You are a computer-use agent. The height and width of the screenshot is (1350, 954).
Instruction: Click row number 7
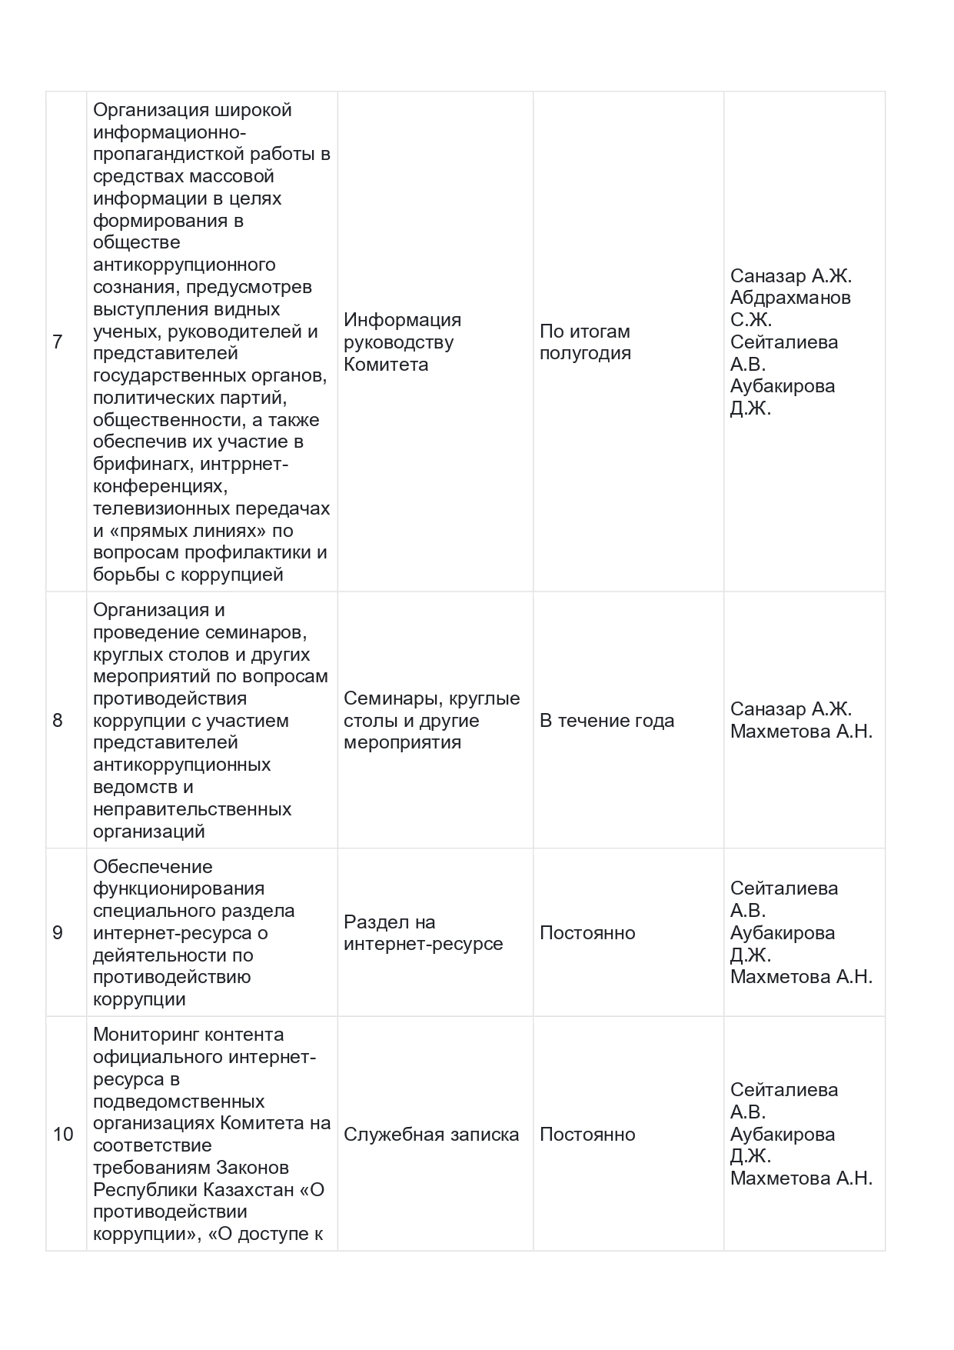click(x=58, y=342)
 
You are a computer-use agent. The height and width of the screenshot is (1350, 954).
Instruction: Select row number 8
click(x=58, y=721)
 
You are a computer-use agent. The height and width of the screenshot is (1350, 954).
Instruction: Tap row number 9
click(x=58, y=933)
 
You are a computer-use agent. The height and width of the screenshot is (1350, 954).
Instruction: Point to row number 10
click(x=63, y=1135)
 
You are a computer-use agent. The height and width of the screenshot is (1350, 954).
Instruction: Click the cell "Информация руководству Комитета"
click(x=402, y=342)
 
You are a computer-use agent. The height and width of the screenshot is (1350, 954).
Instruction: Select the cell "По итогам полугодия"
click(x=585, y=342)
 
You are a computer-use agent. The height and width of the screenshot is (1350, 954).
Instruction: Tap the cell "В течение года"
click(x=607, y=721)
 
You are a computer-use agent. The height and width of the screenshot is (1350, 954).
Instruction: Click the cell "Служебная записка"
click(x=431, y=1135)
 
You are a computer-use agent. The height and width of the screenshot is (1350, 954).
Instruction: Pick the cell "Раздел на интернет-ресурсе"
click(x=423, y=933)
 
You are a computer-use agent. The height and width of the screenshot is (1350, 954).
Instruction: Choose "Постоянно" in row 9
click(x=587, y=933)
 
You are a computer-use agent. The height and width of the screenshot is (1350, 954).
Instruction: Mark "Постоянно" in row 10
click(x=587, y=1135)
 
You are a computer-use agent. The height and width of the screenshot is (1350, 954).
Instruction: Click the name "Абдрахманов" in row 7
click(x=790, y=298)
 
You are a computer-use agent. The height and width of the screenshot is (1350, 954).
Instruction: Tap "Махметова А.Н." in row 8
click(x=801, y=732)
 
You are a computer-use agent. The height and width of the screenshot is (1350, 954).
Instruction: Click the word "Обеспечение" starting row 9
click(x=152, y=867)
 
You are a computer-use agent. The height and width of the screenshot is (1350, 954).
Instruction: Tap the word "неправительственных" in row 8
click(x=192, y=809)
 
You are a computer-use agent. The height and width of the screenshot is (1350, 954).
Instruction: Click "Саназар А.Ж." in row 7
click(x=790, y=276)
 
